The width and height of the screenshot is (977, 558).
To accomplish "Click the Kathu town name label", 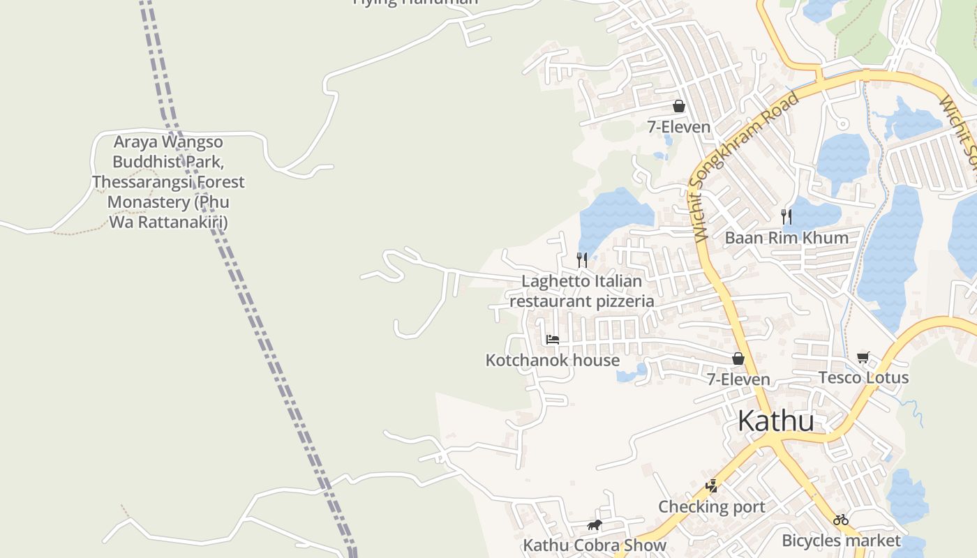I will point(775,421).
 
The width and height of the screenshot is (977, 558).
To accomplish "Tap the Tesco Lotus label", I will point(863,377).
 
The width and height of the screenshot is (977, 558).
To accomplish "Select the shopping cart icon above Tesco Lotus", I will point(863,358).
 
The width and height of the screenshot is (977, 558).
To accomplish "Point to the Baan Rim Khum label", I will point(786,237).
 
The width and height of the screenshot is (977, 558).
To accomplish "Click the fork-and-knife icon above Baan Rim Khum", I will point(786,216).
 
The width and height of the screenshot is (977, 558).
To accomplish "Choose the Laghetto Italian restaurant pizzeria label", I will point(581,291).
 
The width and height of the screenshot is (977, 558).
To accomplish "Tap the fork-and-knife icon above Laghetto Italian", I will point(582,260).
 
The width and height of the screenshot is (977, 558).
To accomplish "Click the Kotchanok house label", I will point(552,360).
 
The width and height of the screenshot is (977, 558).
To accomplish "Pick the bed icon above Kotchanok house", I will point(553,340).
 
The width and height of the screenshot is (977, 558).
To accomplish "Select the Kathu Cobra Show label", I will point(595,545).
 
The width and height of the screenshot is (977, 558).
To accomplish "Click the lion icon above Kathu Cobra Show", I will point(595,525).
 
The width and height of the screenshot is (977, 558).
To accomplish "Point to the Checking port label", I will point(711,506).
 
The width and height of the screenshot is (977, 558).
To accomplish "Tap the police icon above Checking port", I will point(712,486).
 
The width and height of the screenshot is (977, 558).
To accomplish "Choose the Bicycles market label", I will point(841,540).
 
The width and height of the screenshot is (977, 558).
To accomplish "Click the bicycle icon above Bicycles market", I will point(841,520).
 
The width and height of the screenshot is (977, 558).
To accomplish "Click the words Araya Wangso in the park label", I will point(168,142).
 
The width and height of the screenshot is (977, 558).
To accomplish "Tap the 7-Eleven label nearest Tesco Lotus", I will point(738,379).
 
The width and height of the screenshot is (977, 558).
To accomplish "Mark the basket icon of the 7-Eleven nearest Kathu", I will point(738,359).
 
